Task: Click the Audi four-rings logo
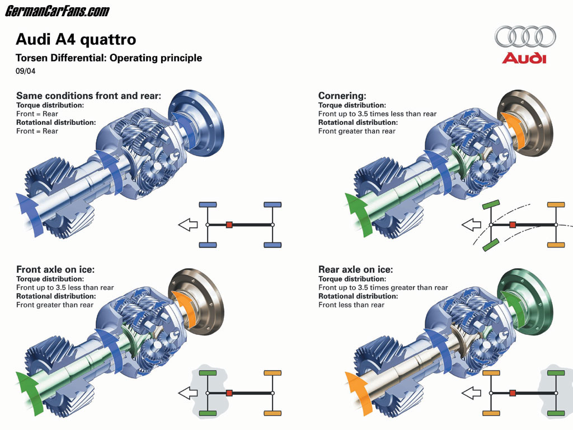pyautogui.click(x=524, y=37)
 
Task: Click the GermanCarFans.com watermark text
pyautogui.click(x=58, y=11)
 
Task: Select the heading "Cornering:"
pyautogui.click(x=342, y=96)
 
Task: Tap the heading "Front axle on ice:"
pyautogui.click(x=55, y=269)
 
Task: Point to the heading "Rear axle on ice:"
pyautogui.click(x=356, y=269)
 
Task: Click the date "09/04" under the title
pyautogui.click(x=25, y=71)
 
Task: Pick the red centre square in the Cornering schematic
pyautogui.click(x=512, y=225)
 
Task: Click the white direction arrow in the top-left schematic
pyautogui.click(x=188, y=225)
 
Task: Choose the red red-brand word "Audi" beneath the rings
pyautogui.click(x=524, y=58)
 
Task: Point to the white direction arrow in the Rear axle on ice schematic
pyautogui.click(x=471, y=393)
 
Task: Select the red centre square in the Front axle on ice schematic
pyautogui.click(x=229, y=393)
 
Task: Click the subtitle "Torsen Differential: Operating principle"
pyautogui.click(x=109, y=58)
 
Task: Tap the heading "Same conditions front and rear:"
pyautogui.click(x=88, y=96)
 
